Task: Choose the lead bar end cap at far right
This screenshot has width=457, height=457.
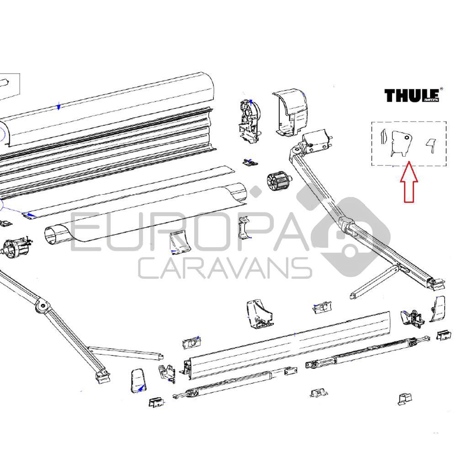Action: tap(437, 308)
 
